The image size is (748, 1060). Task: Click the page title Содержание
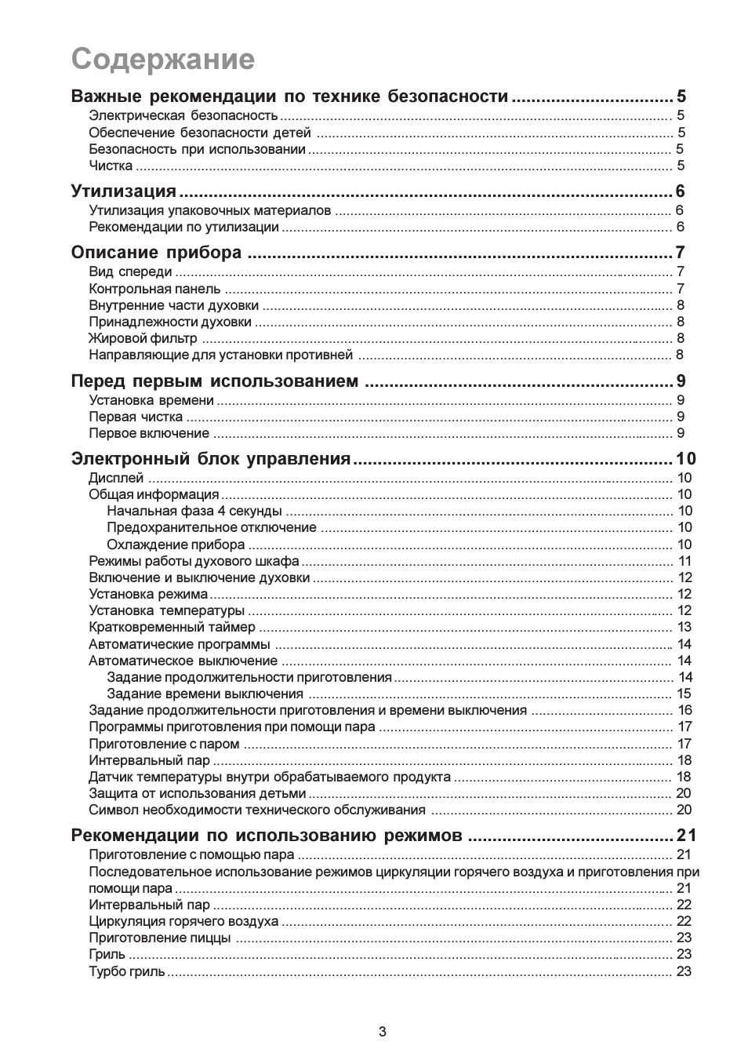pyautogui.click(x=163, y=60)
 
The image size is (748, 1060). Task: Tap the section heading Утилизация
pyautogui.click(x=123, y=191)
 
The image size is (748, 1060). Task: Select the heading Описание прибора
pyautogui.click(x=156, y=252)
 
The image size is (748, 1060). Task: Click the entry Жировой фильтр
pyautogui.click(x=143, y=338)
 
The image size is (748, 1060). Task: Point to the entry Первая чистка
pyautogui.click(x=136, y=417)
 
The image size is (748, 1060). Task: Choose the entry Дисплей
pyautogui.click(x=116, y=478)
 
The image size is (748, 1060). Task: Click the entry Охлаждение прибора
pyautogui.click(x=176, y=545)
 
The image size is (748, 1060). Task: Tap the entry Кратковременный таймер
pyautogui.click(x=172, y=627)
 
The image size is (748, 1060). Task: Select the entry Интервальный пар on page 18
pyautogui.click(x=149, y=760)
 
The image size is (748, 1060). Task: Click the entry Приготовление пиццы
pyautogui.click(x=159, y=938)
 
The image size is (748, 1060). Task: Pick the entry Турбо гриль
pyautogui.click(x=126, y=971)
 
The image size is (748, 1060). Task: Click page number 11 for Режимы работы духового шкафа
pyautogui.click(x=684, y=561)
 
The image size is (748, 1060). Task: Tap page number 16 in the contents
pyautogui.click(x=684, y=710)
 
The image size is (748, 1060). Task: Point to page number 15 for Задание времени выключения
pyautogui.click(x=684, y=694)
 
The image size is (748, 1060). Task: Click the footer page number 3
pyautogui.click(x=382, y=1032)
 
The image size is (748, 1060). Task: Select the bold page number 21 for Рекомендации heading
pyautogui.click(x=687, y=835)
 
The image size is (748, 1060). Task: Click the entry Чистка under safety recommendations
pyautogui.click(x=111, y=166)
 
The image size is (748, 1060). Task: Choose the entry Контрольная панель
pyautogui.click(x=154, y=289)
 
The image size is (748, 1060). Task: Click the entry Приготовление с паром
pyautogui.click(x=164, y=744)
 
